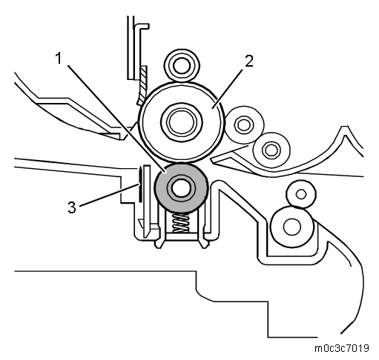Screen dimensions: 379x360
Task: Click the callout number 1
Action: pyautogui.click(x=59, y=59)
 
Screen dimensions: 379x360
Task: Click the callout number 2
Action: pyautogui.click(x=249, y=61)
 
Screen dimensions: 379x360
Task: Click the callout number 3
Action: pyautogui.click(x=72, y=207)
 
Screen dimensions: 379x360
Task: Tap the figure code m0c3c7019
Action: pyautogui.click(x=342, y=348)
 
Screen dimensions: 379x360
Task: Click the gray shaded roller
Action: pyautogui.click(x=181, y=188)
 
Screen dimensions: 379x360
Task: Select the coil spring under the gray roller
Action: pyautogui.click(x=181, y=223)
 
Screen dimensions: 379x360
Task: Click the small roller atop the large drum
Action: pyautogui.click(x=182, y=65)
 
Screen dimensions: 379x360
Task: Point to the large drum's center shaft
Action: pyautogui.click(x=182, y=121)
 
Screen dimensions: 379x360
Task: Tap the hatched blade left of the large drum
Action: pyautogui.click(x=142, y=84)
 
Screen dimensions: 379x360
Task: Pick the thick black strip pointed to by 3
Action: pyautogui.click(x=140, y=184)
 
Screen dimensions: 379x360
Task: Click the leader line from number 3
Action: pyautogui.click(x=109, y=195)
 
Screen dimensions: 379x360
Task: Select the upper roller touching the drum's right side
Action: pyautogui.click(x=244, y=125)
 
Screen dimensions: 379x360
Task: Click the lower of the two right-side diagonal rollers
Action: pyautogui.click(x=271, y=150)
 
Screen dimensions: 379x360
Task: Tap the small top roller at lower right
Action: pyautogui.click(x=301, y=194)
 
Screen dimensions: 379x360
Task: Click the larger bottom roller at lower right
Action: pyautogui.click(x=292, y=227)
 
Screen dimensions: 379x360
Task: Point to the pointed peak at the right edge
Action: pyautogui.click(x=346, y=127)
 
